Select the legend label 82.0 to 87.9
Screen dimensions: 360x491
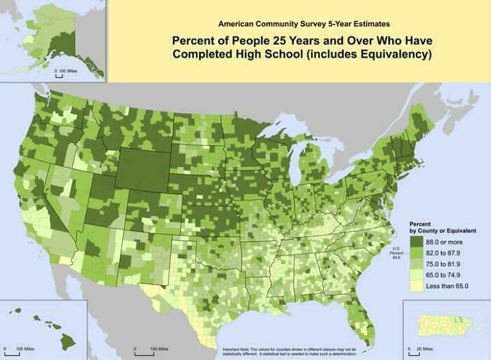coord(446,253)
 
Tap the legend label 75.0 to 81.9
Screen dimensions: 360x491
coord(446,264)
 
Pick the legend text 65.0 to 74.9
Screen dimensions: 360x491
coord(446,275)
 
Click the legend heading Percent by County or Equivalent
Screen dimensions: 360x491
coord(442,227)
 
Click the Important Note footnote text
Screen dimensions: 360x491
coord(289,351)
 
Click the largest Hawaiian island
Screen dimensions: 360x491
coord(67,341)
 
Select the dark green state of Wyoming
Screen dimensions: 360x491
coord(145,168)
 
